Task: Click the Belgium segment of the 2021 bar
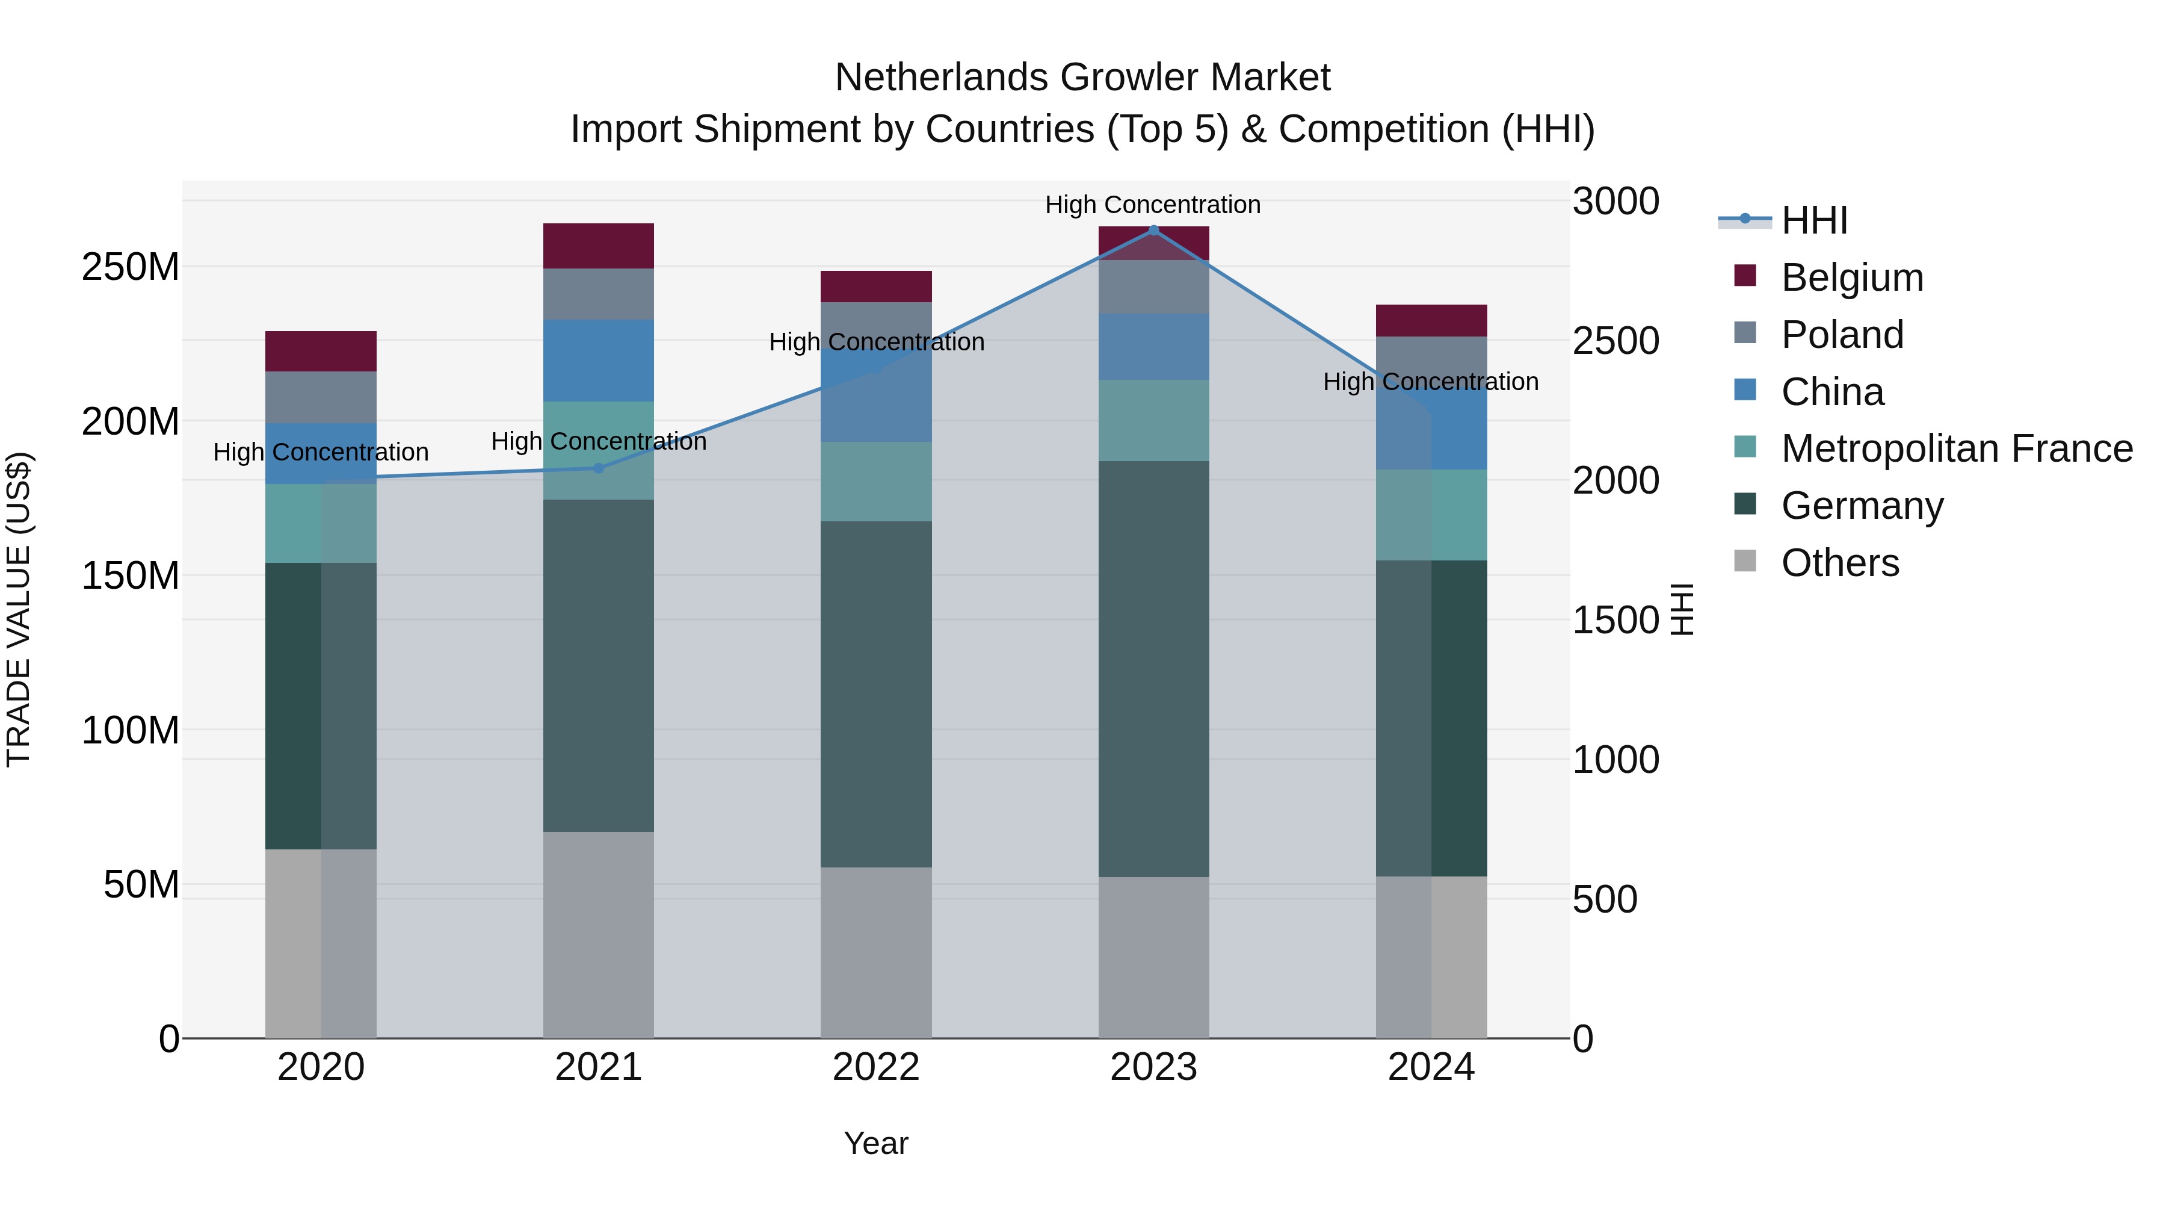[598, 246]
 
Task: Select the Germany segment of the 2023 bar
[1153, 669]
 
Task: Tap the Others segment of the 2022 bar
[875, 952]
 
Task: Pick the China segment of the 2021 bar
[598, 360]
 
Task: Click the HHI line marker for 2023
[1153, 230]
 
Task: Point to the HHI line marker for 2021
[598, 468]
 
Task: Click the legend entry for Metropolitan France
[1956, 448]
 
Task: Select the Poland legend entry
[1842, 335]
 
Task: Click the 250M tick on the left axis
[131, 267]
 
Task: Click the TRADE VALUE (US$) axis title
[19, 609]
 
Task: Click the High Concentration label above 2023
[1152, 205]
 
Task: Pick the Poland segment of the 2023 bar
[1153, 287]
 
